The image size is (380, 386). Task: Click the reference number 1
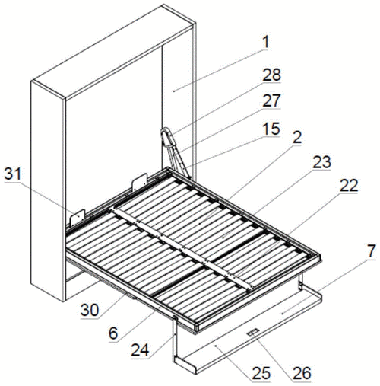pos(265,42)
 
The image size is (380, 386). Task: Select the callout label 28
pos(271,75)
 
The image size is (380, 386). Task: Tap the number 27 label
pos(271,100)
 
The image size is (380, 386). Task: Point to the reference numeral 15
pos(271,129)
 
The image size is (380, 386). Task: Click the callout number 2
pos(296,137)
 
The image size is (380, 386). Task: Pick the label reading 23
pos(321,162)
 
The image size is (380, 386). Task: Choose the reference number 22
pos(349,186)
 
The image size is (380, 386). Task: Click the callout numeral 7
pos(371,251)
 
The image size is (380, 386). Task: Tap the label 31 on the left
pos(13,174)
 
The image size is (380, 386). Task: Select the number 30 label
pos(90,310)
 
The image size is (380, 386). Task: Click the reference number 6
pos(113,333)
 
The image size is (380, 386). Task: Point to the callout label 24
pos(140,349)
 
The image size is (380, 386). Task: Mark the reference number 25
pos(261,373)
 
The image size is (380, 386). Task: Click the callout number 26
pos(302,373)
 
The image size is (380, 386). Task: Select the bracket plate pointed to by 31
pos(78,218)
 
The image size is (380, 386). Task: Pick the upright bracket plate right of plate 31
pos(139,183)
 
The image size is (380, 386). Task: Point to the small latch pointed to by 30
pos(131,296)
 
